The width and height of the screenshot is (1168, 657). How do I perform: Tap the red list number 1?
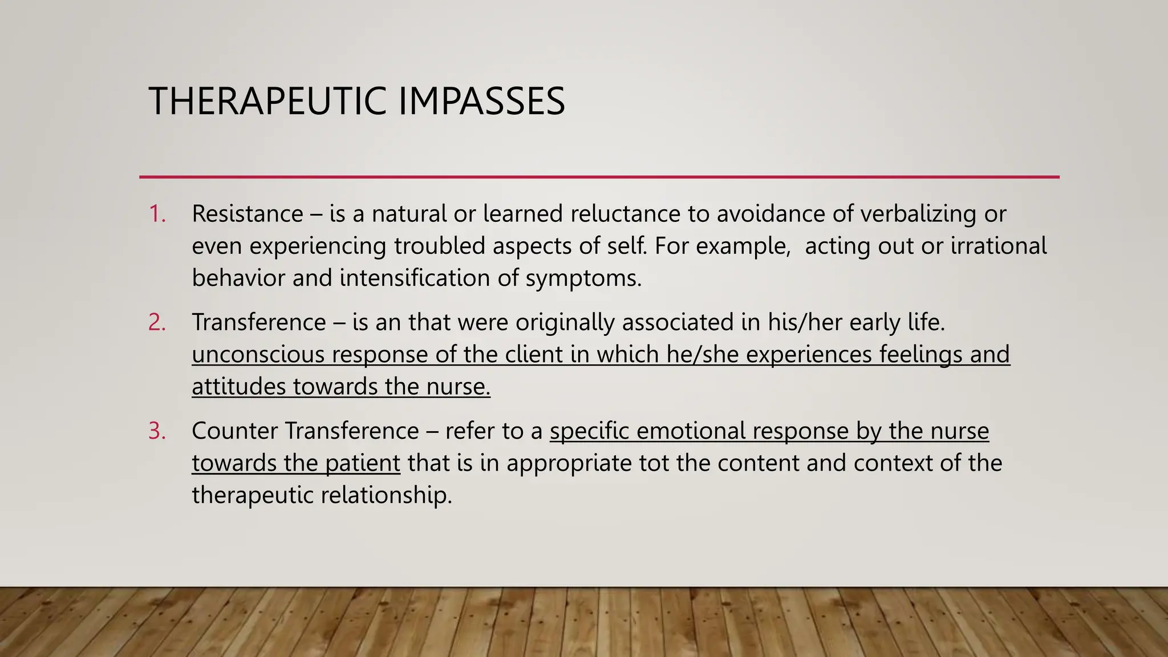tap(157, 214)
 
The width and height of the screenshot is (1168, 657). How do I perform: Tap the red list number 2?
tap(157, 322)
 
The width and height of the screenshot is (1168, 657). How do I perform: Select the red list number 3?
tap(157, 431)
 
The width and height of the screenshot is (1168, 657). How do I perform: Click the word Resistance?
tap(248, 214)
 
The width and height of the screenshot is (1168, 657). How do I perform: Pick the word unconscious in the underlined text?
tap(258, 354)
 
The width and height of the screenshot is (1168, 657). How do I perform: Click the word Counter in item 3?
tap(234, 431)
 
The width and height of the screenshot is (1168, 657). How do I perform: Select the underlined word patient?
tap(363, 463)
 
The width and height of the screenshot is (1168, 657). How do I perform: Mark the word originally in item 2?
tap(565, 323)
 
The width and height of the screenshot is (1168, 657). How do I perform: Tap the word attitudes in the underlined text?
tap(238, 387)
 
